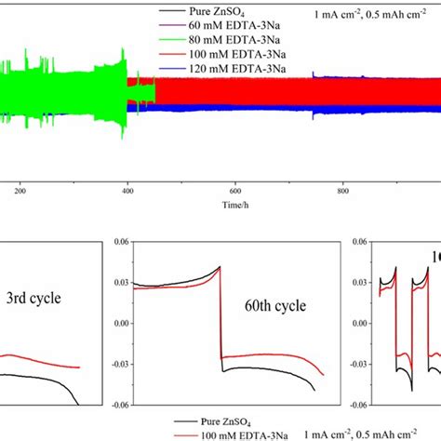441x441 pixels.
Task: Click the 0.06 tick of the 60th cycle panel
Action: (x=120, y=241)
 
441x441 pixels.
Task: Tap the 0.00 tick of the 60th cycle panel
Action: (x=120, y=323)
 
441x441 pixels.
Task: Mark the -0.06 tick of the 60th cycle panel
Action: (x=118, y=405)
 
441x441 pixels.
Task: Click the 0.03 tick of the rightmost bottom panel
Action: (x=357, y=282)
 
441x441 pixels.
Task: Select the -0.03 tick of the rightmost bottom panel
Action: (x=355, y=364)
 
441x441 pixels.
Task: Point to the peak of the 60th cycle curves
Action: (x=219, y=267)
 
